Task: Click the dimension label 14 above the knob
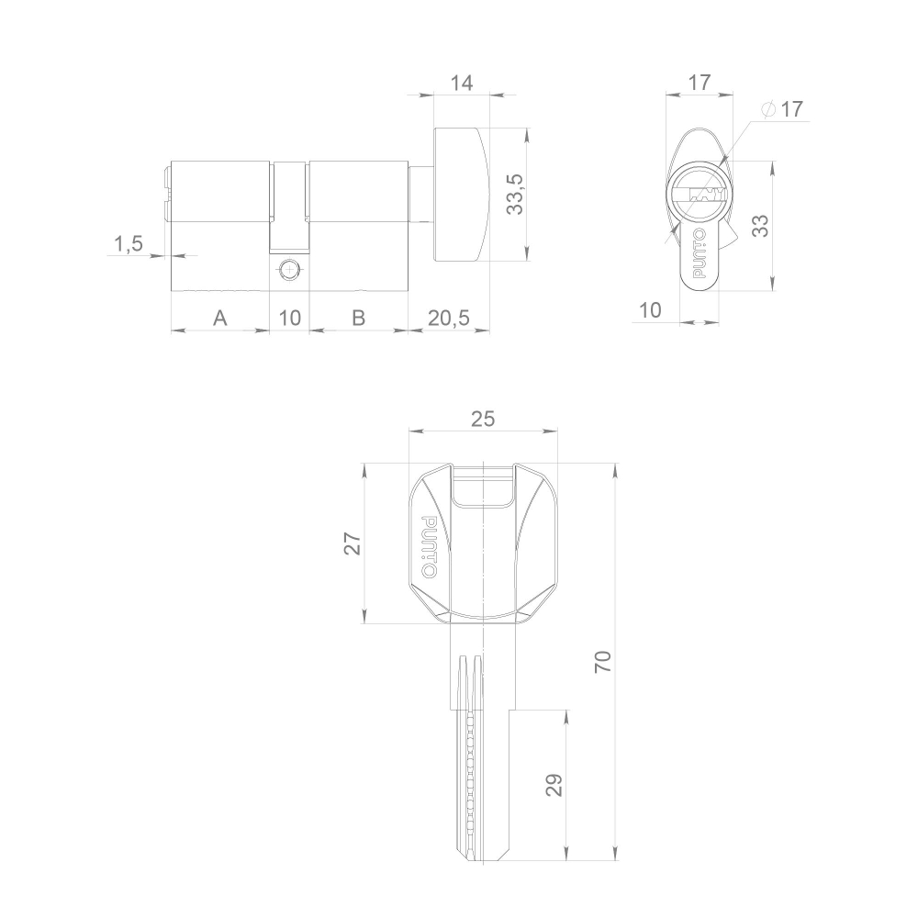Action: (x=461, y=83)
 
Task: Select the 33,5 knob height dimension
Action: (x=515, y=194)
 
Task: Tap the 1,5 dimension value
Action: (x=128, y=243)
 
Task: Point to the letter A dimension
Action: (x=219, y=318)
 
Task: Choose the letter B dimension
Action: (x=359, y=318)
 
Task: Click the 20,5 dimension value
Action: (x=448, y=318)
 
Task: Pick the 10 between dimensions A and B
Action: (x=289, y=318)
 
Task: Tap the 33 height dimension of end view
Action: (x=760, y=226)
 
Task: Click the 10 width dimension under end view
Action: (x=649, y=310)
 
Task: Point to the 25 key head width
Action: (x=483, y=419)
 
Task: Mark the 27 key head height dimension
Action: (x=352, y=543)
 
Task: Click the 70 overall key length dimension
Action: (x=602, y=661)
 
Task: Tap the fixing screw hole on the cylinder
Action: (x=288, y=270)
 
